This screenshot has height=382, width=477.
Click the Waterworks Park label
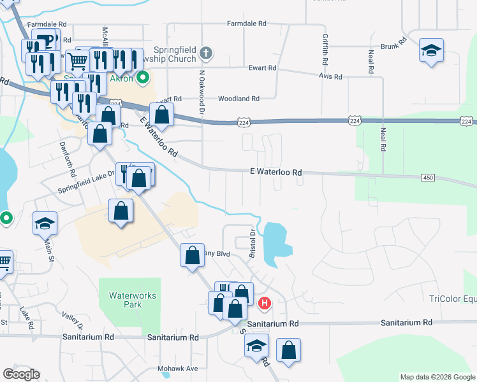click(x=128, y=300)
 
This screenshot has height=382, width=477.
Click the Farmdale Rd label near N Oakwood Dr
click(x=247, y=24)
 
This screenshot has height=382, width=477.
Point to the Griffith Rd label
click(x=325, y=49)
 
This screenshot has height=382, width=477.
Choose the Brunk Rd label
click(x=393, y=46)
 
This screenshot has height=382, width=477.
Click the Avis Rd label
click(x=330, y=76)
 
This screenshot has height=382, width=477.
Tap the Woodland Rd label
click(x=238, y=99)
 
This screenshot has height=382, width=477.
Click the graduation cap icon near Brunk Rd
click(x=431, y=50)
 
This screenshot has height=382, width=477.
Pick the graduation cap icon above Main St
click(x=46, y=223)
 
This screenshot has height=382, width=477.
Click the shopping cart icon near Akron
click(x=77, y=61)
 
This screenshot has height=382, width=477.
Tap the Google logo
click(x=21, y=374)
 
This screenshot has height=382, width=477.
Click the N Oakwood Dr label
click(x=202, y=91)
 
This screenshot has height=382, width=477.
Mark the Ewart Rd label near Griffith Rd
click(x=262, y=68)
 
